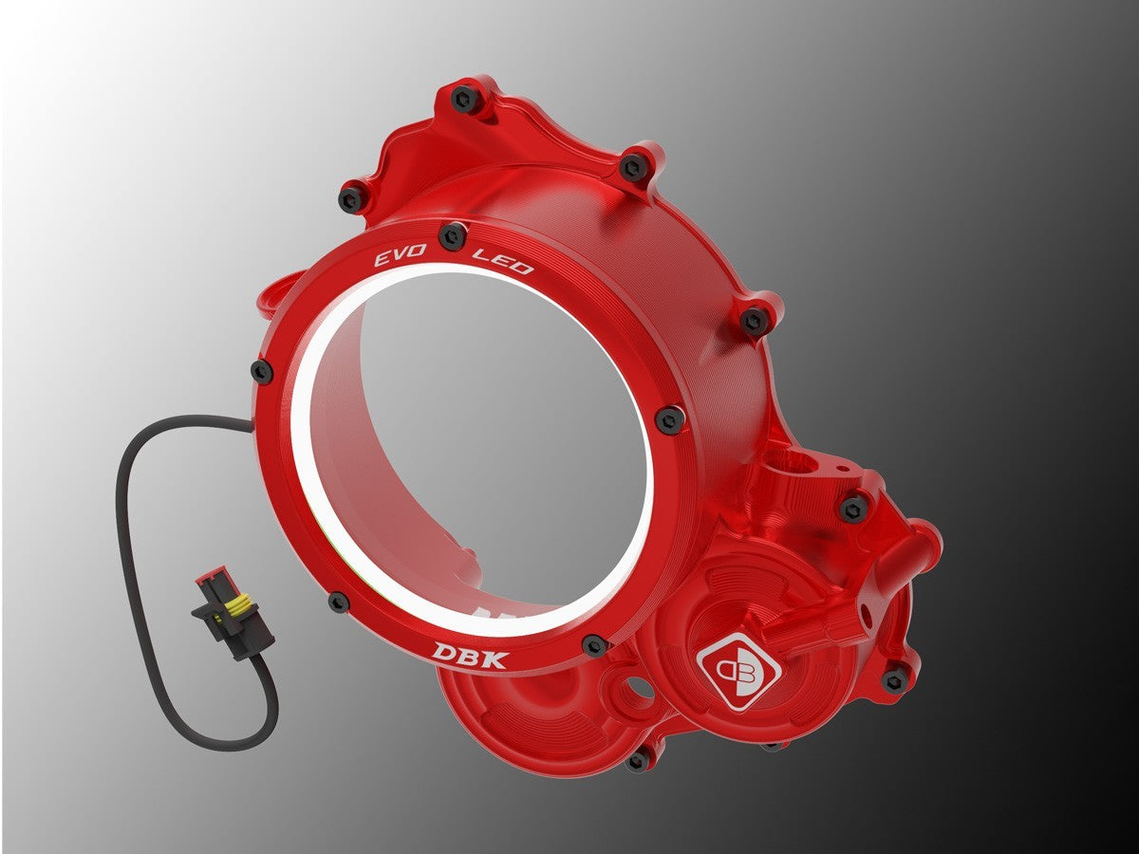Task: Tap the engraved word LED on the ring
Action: click(503, 260)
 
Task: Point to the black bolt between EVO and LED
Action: click(453, 233)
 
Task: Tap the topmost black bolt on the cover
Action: click(465, 97)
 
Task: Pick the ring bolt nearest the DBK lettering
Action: click(594, 645)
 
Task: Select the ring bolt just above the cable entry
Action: click(261, 372)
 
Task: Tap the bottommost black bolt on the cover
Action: click(639, 758)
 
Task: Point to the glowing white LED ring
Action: click(313, 474)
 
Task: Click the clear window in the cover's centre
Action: click(475, 436)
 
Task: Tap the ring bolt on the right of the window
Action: click(670, 418)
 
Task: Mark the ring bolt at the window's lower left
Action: click(339, 601)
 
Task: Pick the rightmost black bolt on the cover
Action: click(894, 678)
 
